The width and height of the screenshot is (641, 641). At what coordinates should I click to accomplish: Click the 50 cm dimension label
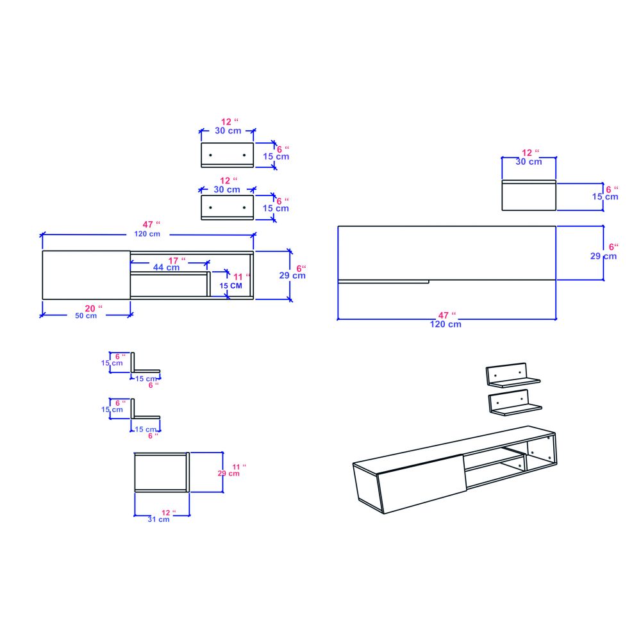pyautogui.click(x=86, y=315)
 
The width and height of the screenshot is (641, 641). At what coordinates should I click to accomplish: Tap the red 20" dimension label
pyautogui.click(x=94, y=308)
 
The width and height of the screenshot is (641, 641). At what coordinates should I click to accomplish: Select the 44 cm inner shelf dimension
pyautogui.click(x=167, y=267)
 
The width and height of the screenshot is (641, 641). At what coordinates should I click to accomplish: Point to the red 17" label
pyautogui.click(x=177, y=260)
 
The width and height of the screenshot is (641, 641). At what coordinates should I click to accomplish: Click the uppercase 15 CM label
pyautogui.click(x=231, y=286)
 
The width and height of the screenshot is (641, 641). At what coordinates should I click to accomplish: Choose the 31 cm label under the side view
pyautogui.click(x=158, y=520)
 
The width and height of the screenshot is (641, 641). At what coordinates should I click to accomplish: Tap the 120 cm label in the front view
pyautogui.click(x=147, y=234)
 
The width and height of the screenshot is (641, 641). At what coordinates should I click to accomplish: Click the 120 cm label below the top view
pyautogui.click(x=445, y=324)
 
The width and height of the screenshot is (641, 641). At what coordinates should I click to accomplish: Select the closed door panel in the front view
pyautogui.click(x=87, y=275)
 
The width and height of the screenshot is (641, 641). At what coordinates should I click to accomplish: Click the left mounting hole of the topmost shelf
pyautogui.click(x=210, y=155)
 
